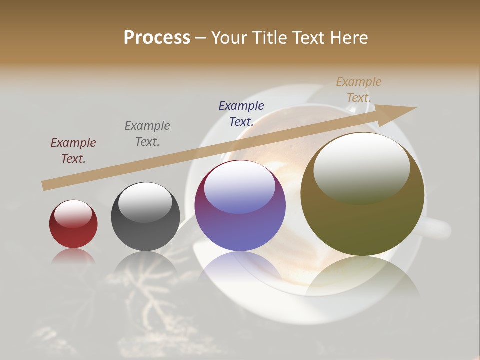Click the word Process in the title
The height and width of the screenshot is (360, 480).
[x=157, y=38]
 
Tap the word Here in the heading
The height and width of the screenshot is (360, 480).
[x=348, y=38]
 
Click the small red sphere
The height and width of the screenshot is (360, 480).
[x=73, y=224]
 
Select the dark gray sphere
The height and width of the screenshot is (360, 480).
[x=145, y=217]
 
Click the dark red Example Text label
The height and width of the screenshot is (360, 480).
[x=73, y=151]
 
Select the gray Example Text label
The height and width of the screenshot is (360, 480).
[x=147, y=134]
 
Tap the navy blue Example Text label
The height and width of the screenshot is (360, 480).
[x=241, y=114]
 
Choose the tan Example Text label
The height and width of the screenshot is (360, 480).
[x=359, y=90]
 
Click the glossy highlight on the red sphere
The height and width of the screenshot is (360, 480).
[x=73, y=214]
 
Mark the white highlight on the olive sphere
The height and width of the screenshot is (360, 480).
[x=361, y=169]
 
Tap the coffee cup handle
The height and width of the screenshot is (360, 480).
[x=437, y=228]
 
